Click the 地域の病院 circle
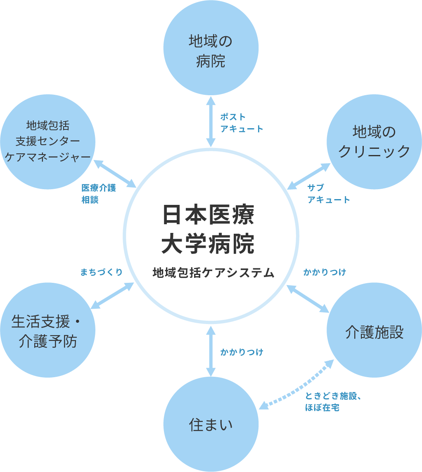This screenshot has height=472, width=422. (211, 48)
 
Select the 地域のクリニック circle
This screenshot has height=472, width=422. (374, 142)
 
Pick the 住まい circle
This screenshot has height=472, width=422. (211, 425)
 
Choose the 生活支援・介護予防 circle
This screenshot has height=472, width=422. (47, 330)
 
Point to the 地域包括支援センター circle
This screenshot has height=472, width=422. (47, 142)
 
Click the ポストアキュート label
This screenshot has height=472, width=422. (241, 123)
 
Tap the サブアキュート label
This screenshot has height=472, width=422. (328, 194)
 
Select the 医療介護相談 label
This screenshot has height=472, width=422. (98, 194)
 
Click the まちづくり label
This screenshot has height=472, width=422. (102, 272)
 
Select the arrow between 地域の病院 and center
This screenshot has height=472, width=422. (211, 122)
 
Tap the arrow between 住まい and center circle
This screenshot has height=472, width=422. (211, 351)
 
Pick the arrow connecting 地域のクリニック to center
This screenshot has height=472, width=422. (309, 176)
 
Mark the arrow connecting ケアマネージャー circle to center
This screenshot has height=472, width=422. (115, 174)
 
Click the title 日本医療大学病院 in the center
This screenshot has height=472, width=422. (209, 229)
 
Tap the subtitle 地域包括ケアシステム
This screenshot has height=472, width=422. (213, 272)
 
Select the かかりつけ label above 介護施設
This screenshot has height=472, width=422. (325, 272)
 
